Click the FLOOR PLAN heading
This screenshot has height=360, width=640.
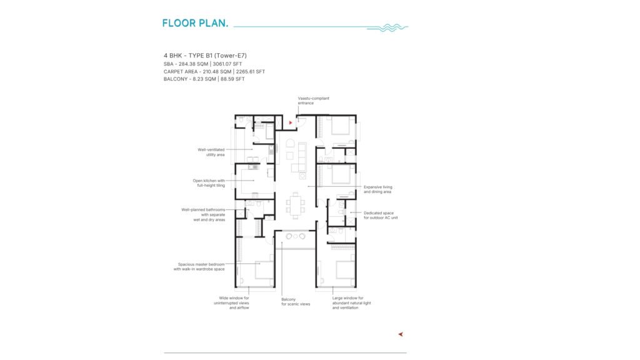pos(195,23)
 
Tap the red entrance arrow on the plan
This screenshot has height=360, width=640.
pos(291,122)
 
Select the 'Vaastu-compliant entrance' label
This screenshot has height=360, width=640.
pos(314,101)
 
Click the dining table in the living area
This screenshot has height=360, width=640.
pos(296,205)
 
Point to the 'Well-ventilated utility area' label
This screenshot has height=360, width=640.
pos(211,152)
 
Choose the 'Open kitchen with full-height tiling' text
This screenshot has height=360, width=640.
pos(209,183)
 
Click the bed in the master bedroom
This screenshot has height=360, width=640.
pos(264,270)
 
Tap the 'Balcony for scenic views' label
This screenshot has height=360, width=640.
pos(296,302)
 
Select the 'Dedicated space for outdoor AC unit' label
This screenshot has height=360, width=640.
pos(381,216)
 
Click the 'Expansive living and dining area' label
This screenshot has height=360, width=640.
pos(378,189)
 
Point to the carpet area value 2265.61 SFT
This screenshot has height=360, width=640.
pos(250,71)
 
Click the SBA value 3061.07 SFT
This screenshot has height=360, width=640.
pos(227,64)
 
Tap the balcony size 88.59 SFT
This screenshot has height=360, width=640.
pos(232,79)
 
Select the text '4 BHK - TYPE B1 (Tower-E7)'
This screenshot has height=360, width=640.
pos(205,56)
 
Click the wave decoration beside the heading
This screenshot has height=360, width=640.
pos(387,27)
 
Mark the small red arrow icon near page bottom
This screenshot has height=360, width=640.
pos(401,334)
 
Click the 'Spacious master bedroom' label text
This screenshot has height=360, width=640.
pos(201,264)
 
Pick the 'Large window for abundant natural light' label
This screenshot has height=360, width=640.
pos(351,303)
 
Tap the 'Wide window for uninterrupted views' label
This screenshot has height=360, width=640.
pos(231,303)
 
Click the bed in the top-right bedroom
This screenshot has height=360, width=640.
pos(341,126)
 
